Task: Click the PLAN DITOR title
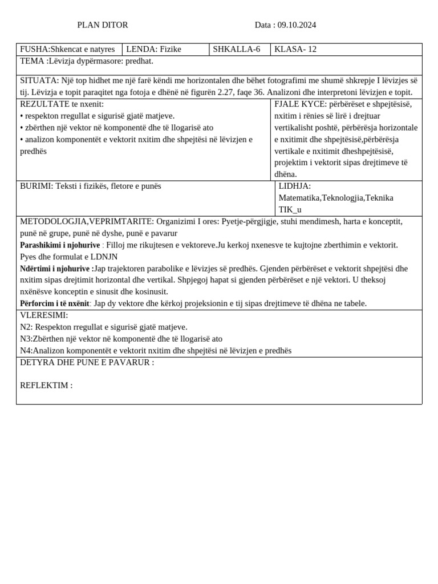pyautogui.click(x=103, y=25)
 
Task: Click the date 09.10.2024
pyautogui.click(x=297, y=25)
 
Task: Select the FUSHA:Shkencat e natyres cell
pyautogui.click(x=67, y=50)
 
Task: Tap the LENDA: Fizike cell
pyautogui.click(x=153, y=50)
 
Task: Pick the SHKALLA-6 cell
pyautogui.click(x=236, y=50)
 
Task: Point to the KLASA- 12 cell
pyautogui.click(x=295, y=50)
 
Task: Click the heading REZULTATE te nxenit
pyautogui.click(x=62, y=104)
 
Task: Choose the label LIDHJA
pyautogui.click(x=294, y=186)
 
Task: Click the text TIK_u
pyautogui.click(x=290, y=209)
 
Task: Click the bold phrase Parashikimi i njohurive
pyautogui.click(x=60, y=245)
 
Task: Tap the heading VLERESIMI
pyautogui.click(x=44, y=315)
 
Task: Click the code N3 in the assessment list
pyautogui.click(x=26, y=339)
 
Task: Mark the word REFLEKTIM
pyautogui.click(x=46, y=386)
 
